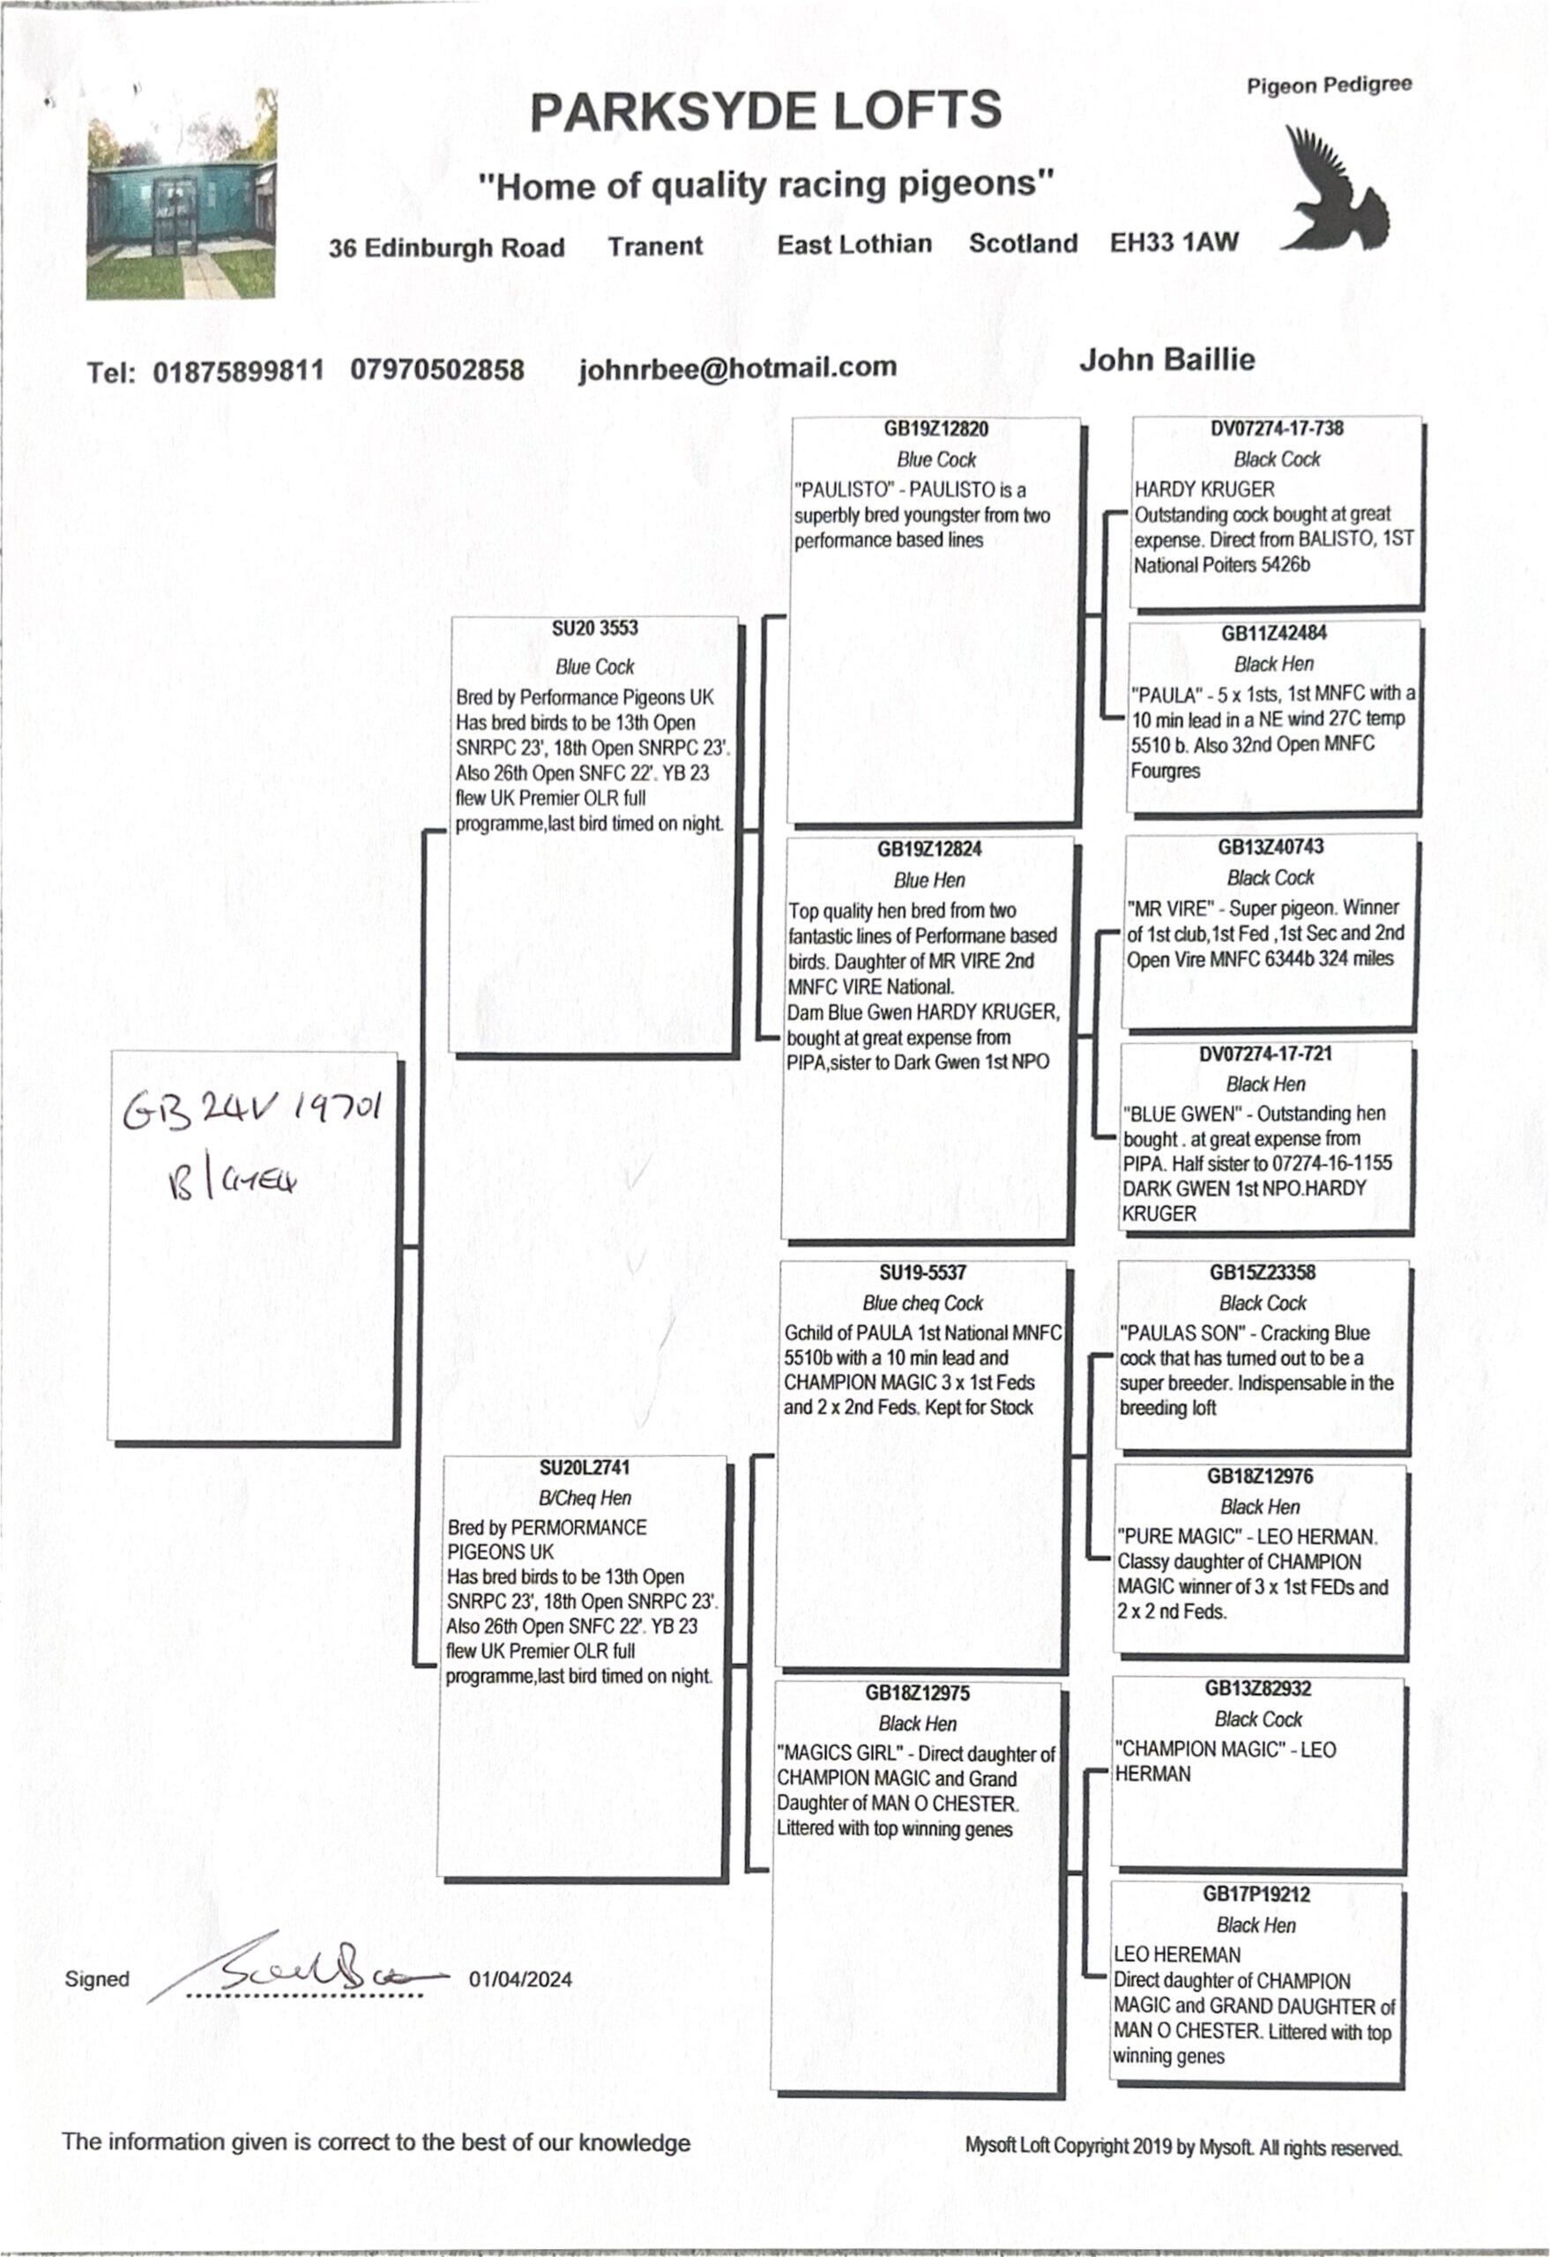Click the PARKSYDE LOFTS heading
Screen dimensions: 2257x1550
tap(765, 112)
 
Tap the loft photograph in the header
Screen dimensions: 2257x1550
tap(182, 194)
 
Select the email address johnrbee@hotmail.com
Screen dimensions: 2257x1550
tap(737, 368)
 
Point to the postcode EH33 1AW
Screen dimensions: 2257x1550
tap(1174, 242)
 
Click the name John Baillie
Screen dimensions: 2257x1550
tap(1166, 361)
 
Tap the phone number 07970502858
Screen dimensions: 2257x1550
tap(437, 370)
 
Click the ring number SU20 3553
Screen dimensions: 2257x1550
tap(594, 629)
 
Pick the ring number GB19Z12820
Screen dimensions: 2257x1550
tap(935, 429)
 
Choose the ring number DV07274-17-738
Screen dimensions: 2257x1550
tap(1276, 428)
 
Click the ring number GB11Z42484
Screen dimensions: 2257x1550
tap(1273, 633)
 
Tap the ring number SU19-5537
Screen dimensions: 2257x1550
tap(922, 1272)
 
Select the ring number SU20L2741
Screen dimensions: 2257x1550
tap(585, 1467)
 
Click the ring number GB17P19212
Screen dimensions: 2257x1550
tap(1256, 1894)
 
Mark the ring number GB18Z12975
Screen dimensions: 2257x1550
tap(917, 1693)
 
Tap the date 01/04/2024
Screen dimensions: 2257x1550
tap(520, 1979)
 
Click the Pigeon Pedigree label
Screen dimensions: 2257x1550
tap(1329, 86)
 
